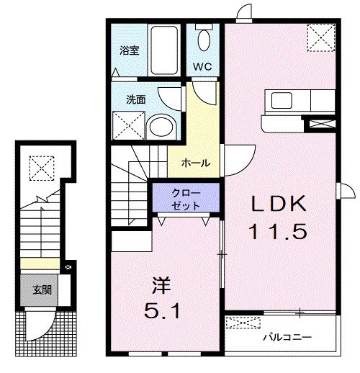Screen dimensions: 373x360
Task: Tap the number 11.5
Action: (281, 232)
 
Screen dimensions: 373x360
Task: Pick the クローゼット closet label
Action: (187, 198)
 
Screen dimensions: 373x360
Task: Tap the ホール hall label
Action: (197, 163)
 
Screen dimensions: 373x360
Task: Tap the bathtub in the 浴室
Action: (166, 50)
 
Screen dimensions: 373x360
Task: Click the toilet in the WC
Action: (203, 40)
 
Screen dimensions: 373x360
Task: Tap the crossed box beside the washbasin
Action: (127, 127)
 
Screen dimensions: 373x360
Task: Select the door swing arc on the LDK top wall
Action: (245, 12)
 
